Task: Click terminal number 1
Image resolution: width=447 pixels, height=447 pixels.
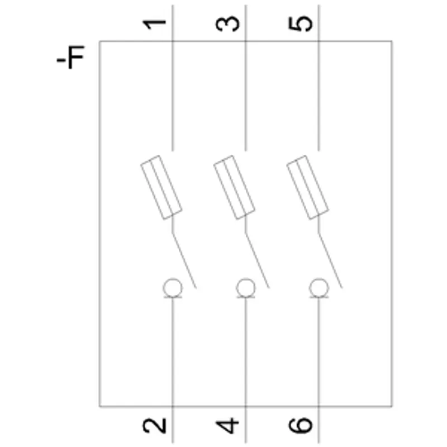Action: (154, 25)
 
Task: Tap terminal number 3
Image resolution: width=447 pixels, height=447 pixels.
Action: (227, 24)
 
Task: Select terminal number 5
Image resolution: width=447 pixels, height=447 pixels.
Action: (301, 24)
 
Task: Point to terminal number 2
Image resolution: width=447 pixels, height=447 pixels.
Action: (155, 426)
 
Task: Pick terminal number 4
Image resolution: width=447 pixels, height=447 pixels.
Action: (227, 426)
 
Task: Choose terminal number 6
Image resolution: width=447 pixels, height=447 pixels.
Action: (301, 426)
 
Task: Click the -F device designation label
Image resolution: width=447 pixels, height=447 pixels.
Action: (71, 57)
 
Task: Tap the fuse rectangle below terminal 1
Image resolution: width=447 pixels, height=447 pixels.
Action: (161, 187)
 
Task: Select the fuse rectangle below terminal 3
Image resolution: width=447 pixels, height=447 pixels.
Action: (234, 187)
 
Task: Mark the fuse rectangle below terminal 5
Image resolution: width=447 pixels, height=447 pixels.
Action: (308, 187)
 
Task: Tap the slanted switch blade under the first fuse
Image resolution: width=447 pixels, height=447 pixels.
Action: (184, 260)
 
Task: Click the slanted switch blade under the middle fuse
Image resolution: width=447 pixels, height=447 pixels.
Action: (257, 260)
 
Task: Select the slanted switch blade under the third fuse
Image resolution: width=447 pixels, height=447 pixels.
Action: (330, 260)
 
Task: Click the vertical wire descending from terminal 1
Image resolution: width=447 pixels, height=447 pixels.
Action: (173, 78)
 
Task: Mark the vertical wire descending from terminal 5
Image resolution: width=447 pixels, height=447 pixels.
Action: (318, 78)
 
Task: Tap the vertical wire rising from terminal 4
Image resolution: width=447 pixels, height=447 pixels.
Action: (245, 370)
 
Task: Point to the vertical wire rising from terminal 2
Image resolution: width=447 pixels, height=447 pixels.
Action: (173, 370)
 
